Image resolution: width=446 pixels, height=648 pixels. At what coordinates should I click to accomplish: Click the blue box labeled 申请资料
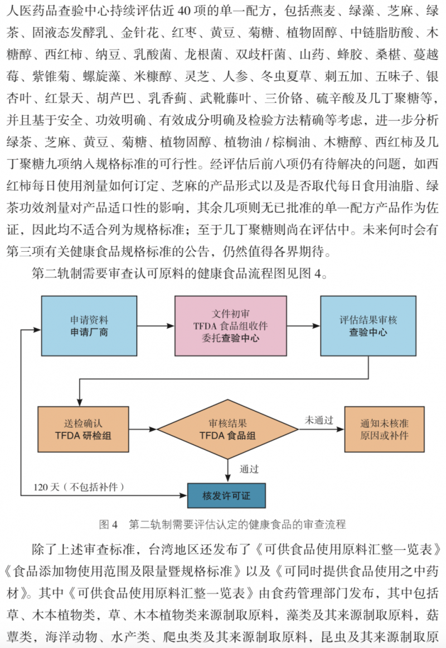tap(89, 325)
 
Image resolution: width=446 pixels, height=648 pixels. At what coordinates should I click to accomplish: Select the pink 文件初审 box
tap(231, 325)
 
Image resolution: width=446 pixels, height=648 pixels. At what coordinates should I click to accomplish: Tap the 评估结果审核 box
tap(369, 325)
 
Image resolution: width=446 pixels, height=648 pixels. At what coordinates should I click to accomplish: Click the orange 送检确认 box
tap(83, 429)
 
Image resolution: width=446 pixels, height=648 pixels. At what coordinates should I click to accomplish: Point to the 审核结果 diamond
tap(228, 429)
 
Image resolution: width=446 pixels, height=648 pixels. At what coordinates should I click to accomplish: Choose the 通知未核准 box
tap(385, 429)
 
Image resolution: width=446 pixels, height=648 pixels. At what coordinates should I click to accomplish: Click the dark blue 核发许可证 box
tap(226, 495)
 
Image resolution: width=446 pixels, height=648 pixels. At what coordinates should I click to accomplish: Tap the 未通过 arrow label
tap(319, 420)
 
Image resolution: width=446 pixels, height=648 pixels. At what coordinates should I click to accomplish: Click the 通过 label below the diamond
tap(249, 469)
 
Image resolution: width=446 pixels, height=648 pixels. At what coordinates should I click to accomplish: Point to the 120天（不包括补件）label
tap(79, 487)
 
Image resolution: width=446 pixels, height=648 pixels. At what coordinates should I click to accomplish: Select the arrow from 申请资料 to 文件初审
tap(156, 325)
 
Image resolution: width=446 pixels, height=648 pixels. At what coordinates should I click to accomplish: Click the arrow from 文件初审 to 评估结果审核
tap(303, 325)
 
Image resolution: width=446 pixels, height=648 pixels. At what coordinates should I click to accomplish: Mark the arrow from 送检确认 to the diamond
tap(143, 429)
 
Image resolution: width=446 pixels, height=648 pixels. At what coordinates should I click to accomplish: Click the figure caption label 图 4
tap(109, 524)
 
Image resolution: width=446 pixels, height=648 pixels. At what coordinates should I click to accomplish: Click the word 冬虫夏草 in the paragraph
tap(286, 76)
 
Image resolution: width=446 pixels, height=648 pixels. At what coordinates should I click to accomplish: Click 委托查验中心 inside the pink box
tap(231, 338)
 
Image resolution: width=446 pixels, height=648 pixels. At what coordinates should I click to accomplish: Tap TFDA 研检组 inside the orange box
tap(83, 436)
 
